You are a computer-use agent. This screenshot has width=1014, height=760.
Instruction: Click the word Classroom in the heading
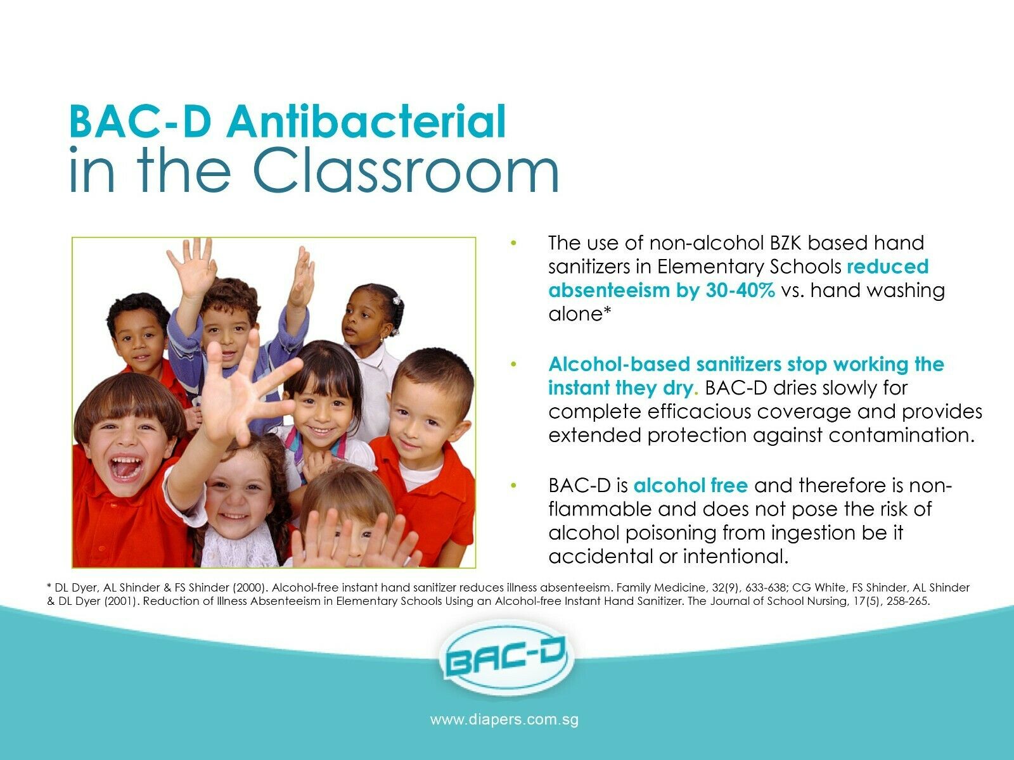tap(406, 170)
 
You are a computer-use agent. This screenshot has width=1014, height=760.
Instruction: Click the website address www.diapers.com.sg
tap(504, 720)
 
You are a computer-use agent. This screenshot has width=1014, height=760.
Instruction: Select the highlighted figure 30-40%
tap(740, 290)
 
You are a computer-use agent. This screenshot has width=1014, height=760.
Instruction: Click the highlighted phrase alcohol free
tap(691, 485)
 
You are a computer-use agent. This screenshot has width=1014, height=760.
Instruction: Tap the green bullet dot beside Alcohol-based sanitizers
tap(513, 365)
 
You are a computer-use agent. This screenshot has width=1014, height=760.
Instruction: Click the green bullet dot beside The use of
tap(513, 243)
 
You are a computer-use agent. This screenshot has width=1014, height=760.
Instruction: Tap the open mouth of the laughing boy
tap(125, 468)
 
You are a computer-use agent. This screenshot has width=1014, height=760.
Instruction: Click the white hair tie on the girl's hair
tap(396, 300)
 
